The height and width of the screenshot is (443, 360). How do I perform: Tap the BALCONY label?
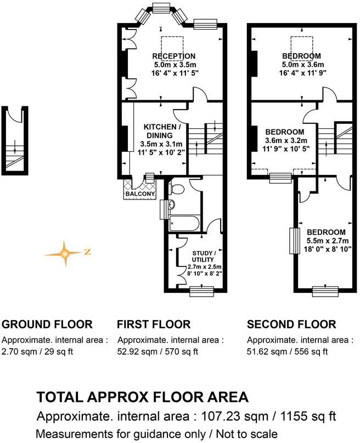pos(139,194)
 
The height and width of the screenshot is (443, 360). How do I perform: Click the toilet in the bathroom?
pos(176,189)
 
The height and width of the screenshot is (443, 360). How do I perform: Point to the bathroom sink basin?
pos(171,206)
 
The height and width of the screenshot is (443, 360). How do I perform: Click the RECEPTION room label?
pos(173,56)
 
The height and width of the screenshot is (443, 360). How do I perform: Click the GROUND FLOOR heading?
pos(47,324)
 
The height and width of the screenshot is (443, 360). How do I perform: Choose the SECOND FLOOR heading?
pos(291,324)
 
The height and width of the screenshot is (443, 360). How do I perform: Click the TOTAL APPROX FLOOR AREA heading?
pos(142,397)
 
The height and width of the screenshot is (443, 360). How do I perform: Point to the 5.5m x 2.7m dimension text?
pos(326,241)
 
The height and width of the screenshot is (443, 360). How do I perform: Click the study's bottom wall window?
pos(201,291)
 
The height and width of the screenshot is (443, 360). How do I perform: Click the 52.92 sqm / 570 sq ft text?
pos(158,351)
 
